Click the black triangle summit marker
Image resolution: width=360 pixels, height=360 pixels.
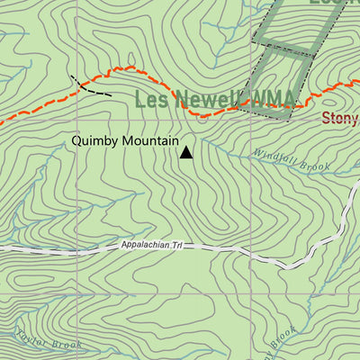186,152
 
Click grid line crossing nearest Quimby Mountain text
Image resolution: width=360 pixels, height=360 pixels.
76,120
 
